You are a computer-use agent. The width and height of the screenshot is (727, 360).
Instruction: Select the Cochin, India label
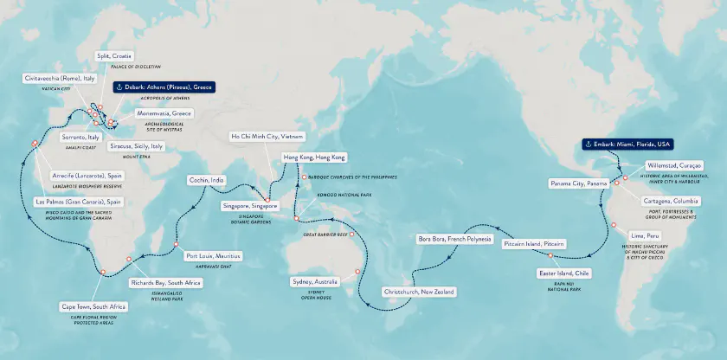point(208,180)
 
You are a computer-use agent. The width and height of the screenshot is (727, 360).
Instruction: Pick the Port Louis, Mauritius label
point(214,256)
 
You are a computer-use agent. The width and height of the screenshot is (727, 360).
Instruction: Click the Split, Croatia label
point(114,55)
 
